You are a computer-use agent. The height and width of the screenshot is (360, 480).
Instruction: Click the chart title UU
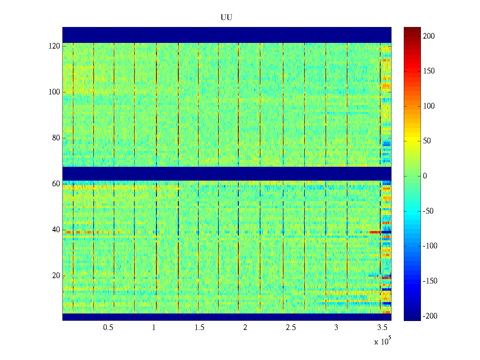(x=226, y=18)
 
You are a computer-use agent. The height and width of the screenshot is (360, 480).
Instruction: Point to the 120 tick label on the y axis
(x=54, y=46)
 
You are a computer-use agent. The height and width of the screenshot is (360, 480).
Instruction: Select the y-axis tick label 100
(x=54, y=92)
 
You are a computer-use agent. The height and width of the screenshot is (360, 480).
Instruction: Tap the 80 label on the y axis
(x=56, y=138)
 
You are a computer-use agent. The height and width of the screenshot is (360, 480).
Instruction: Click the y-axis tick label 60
(x=56, y=184)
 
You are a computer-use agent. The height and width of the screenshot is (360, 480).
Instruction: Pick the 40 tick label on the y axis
(x=56, y=230)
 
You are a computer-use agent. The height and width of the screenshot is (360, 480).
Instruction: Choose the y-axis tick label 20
(x=56, y=276)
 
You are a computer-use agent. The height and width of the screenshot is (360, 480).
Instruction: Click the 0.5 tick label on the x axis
(x=108, y=328)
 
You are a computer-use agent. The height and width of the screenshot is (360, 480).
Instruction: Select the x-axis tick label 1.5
(x=199, y=328)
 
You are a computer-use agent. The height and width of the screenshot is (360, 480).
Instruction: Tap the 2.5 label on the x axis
(x=291, y=328)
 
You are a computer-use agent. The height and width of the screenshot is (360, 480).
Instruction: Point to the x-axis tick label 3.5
(x=382, y=328)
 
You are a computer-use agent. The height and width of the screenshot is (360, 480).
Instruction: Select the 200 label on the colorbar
(x=429, y=36)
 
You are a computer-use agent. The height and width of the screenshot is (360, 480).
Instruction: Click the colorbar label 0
(x=425, y=176)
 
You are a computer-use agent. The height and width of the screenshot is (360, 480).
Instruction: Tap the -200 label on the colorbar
(x=430, y=316)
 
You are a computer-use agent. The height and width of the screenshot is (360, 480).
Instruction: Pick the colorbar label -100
(x=430, y=246)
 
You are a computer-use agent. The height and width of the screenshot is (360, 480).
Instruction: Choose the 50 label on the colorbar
(x=427, y=141)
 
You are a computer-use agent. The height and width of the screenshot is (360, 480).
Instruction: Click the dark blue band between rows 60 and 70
(x=227, y=174)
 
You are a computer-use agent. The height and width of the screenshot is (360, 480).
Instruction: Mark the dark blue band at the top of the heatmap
(x=227, y=35)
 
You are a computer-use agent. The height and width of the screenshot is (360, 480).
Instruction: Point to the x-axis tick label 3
(x=336, y=328)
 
